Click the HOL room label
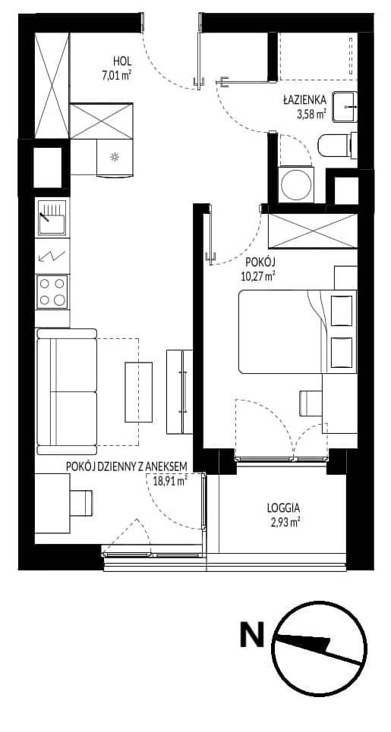122,61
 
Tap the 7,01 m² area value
117,74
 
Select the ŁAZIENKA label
301,100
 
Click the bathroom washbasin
344,107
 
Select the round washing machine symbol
295,184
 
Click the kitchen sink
52,218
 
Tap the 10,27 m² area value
257,276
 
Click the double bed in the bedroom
297,331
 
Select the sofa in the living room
67,391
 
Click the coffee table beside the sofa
139,391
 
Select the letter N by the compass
252,634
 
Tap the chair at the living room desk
81,503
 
